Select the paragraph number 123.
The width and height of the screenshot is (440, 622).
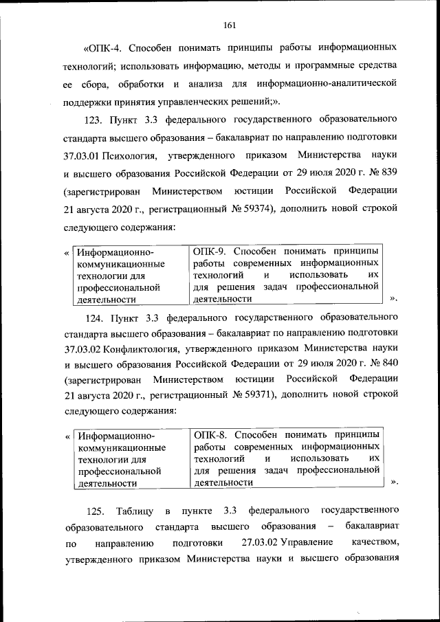click(x=93, y=121)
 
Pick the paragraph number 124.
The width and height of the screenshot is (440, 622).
click(x=93, y=317)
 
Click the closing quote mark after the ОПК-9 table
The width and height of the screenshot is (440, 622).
click(x=393, y=299)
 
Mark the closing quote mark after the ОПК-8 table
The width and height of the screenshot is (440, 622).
click(x=393, y=482)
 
